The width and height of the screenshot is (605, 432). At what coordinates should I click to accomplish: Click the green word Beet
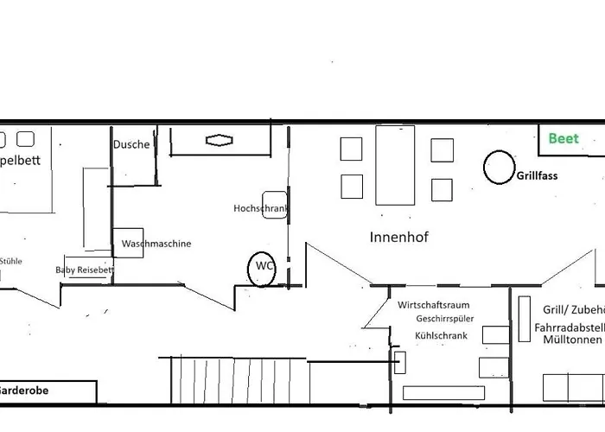pos(563,138)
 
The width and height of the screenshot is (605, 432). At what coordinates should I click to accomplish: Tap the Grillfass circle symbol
pos(498,167)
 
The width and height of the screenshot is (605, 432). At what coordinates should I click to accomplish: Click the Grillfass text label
pos(537,175)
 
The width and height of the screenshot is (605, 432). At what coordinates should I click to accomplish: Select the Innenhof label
pos(398,237)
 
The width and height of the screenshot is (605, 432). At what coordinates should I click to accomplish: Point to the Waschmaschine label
pos(156,244)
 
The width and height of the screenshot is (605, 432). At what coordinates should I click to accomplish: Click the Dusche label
pos(131,145)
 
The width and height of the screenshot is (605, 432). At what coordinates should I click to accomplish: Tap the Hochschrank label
pos(260,208)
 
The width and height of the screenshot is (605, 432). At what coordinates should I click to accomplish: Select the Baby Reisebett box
pos(86,270)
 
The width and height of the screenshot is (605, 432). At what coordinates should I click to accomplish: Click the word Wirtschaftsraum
pos(433,305)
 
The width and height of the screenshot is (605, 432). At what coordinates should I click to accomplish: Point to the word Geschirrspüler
pos(443,319)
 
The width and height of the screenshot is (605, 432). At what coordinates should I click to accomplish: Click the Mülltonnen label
pos(571,340)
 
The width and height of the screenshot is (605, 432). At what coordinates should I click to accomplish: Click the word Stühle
pos(11,260)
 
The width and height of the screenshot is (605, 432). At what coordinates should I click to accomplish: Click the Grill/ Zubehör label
pos(573,309)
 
